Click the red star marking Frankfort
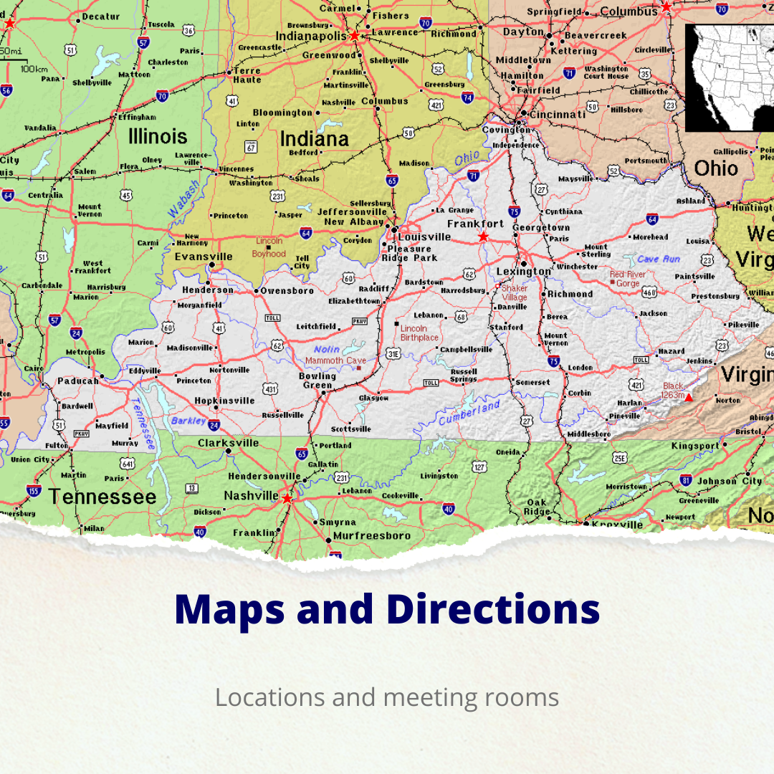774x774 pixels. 483,236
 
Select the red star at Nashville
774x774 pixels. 287,498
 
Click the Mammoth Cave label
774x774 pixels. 335,360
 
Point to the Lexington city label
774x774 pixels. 524,272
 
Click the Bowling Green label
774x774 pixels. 317,381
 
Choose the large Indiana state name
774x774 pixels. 314,138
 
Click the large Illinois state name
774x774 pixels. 158,136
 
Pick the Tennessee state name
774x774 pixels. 102,497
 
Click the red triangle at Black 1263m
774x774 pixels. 688,396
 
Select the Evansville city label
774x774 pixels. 204,257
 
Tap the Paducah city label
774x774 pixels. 78,381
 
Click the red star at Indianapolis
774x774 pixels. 354,35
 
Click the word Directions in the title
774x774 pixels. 493,609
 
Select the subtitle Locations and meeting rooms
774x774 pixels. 387,697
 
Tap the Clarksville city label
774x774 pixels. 228,443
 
